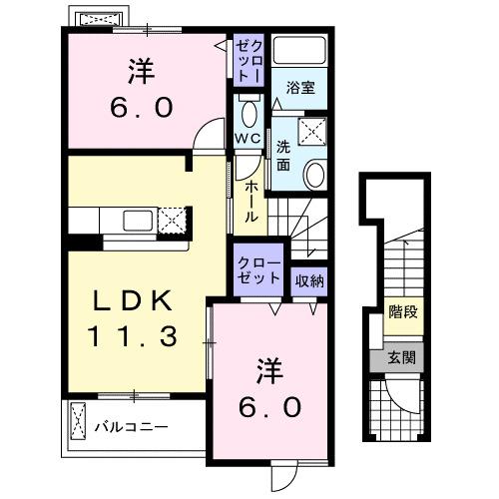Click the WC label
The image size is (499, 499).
click(249, 136)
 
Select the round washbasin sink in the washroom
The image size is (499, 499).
click(314, 176)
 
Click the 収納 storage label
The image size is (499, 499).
click(309, 280)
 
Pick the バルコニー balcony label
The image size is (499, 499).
click(131, 427)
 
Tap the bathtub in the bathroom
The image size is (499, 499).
click(300, 54)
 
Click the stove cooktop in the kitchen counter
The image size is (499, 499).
click(174, 219)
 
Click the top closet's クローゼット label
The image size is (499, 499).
click(248, 61)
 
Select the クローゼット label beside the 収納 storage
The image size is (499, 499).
click(258, 268)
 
